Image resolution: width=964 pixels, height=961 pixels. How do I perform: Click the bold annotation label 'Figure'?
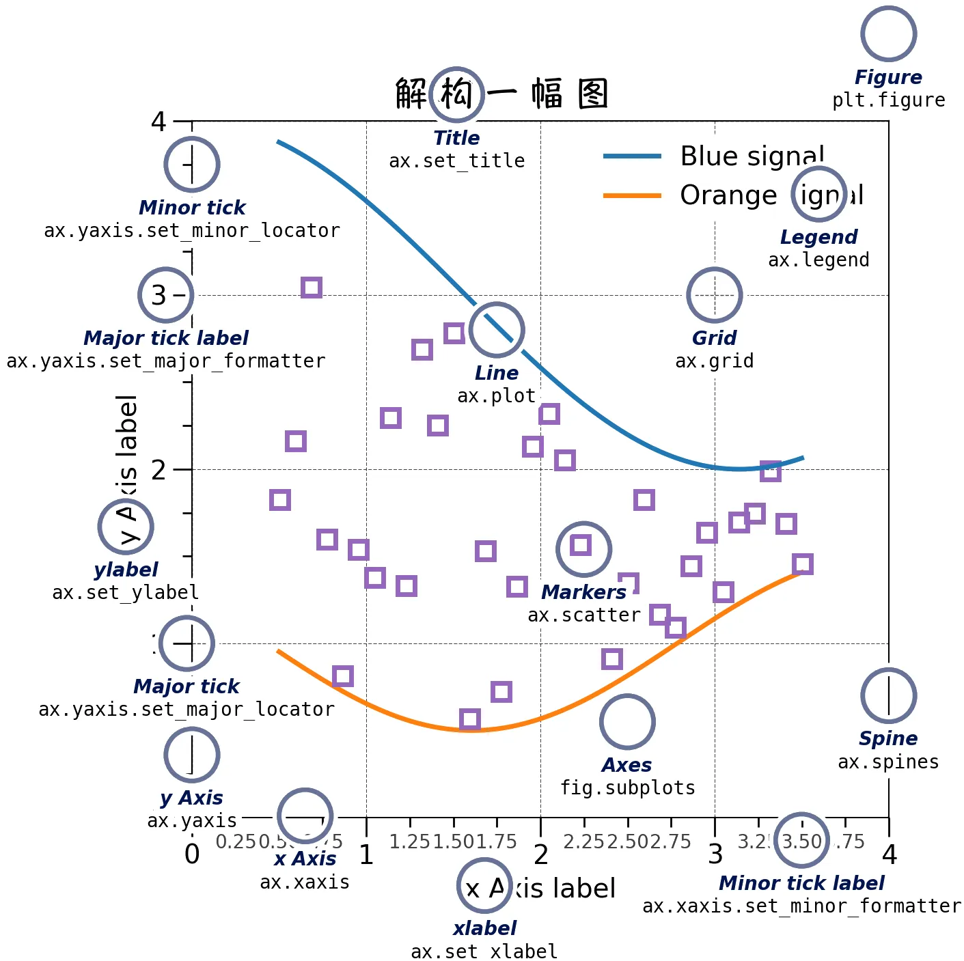point(888,77)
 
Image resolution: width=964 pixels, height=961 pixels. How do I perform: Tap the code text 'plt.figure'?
point(888,100)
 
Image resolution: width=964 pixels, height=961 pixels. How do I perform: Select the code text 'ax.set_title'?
point(456,161)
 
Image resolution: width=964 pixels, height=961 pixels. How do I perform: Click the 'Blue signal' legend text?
point(752,156)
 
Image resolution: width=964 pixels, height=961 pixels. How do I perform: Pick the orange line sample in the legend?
point(632,195)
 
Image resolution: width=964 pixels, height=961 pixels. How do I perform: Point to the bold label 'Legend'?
point(818,237)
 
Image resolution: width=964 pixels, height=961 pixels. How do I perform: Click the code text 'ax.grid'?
point(714,361)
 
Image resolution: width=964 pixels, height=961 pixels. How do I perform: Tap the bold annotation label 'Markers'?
point(583,592)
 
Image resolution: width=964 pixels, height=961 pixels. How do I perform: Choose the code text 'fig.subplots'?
point(627,788)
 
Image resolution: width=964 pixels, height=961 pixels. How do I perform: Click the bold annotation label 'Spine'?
point(888,738)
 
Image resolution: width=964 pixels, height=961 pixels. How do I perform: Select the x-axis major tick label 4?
point(889,854)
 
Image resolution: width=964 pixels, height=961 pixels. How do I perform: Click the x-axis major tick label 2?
point(541,854)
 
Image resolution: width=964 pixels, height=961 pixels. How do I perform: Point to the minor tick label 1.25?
point(410,841)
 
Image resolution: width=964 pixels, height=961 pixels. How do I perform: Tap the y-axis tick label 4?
point(159,122)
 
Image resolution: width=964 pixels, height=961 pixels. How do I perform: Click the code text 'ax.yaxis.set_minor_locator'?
point(192,231)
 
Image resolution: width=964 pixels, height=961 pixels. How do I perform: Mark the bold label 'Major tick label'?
point(166,338)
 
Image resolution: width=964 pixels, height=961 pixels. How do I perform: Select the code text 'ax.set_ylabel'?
point(126,592)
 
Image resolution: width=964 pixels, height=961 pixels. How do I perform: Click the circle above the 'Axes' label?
point(627,722)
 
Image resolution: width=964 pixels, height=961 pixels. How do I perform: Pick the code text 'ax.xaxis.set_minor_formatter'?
point(801,906)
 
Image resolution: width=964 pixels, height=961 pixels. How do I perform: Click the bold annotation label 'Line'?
point(497,373)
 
